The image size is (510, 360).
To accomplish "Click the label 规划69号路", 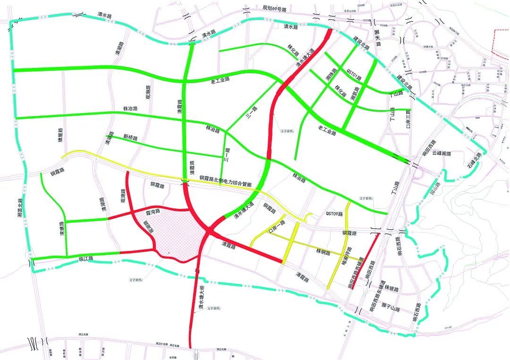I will [277, 8].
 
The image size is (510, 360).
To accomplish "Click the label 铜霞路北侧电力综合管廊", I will [225, 179].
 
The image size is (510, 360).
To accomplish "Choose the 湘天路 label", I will [378, 37].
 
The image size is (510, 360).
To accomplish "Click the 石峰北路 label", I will [474, 160].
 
